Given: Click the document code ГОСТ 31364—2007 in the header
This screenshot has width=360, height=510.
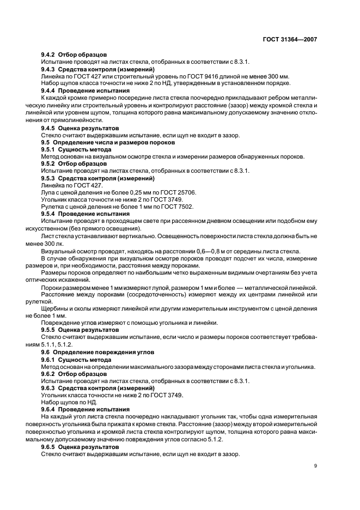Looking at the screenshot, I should coord(289,40).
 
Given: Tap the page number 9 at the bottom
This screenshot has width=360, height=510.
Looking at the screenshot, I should coord(315,466).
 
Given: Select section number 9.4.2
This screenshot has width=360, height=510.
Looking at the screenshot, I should coord(50,55).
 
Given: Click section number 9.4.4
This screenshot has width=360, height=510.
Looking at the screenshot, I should coord(50,90).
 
